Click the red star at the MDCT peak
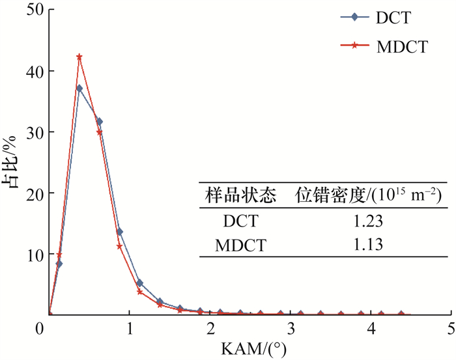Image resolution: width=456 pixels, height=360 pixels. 79,57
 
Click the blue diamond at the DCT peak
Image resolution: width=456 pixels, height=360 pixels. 79,88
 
